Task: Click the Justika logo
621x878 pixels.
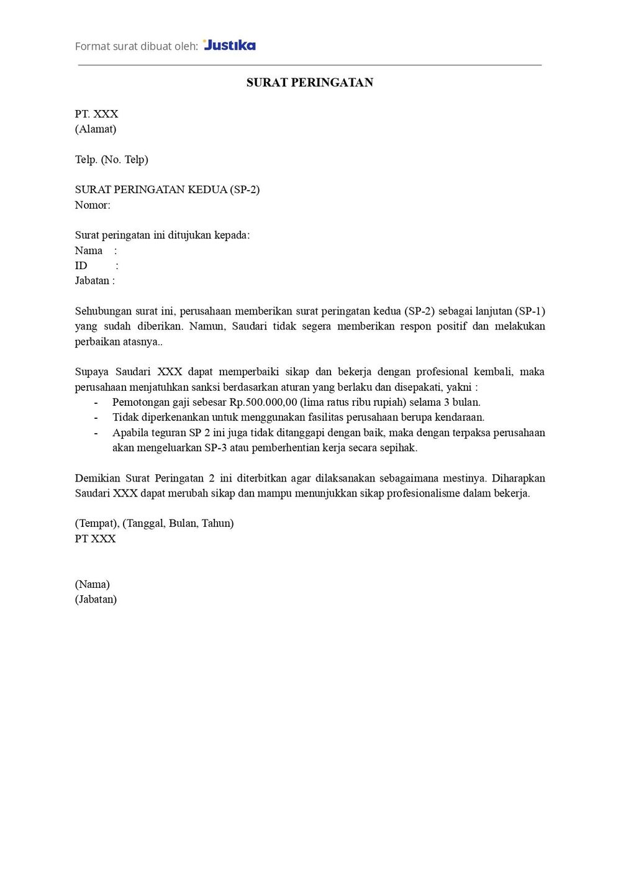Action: [229, 45]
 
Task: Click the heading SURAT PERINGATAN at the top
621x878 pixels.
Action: [309, 83]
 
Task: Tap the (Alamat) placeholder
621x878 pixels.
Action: [96, 129]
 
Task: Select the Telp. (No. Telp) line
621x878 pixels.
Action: [112, 159]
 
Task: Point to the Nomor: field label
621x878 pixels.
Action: [93, 205]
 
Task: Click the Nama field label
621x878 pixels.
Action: [89, 250]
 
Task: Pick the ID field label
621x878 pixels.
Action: [81, 265]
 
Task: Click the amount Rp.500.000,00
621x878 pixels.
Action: [263, 402]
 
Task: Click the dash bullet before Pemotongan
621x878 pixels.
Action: [96, 402]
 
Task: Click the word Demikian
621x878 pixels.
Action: [97, 478]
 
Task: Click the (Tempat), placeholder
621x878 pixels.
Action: [97, 523]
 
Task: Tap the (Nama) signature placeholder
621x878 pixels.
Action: [93, 584]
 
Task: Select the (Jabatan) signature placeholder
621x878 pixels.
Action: [96, 599]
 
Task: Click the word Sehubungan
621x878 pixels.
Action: [102, 311]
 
